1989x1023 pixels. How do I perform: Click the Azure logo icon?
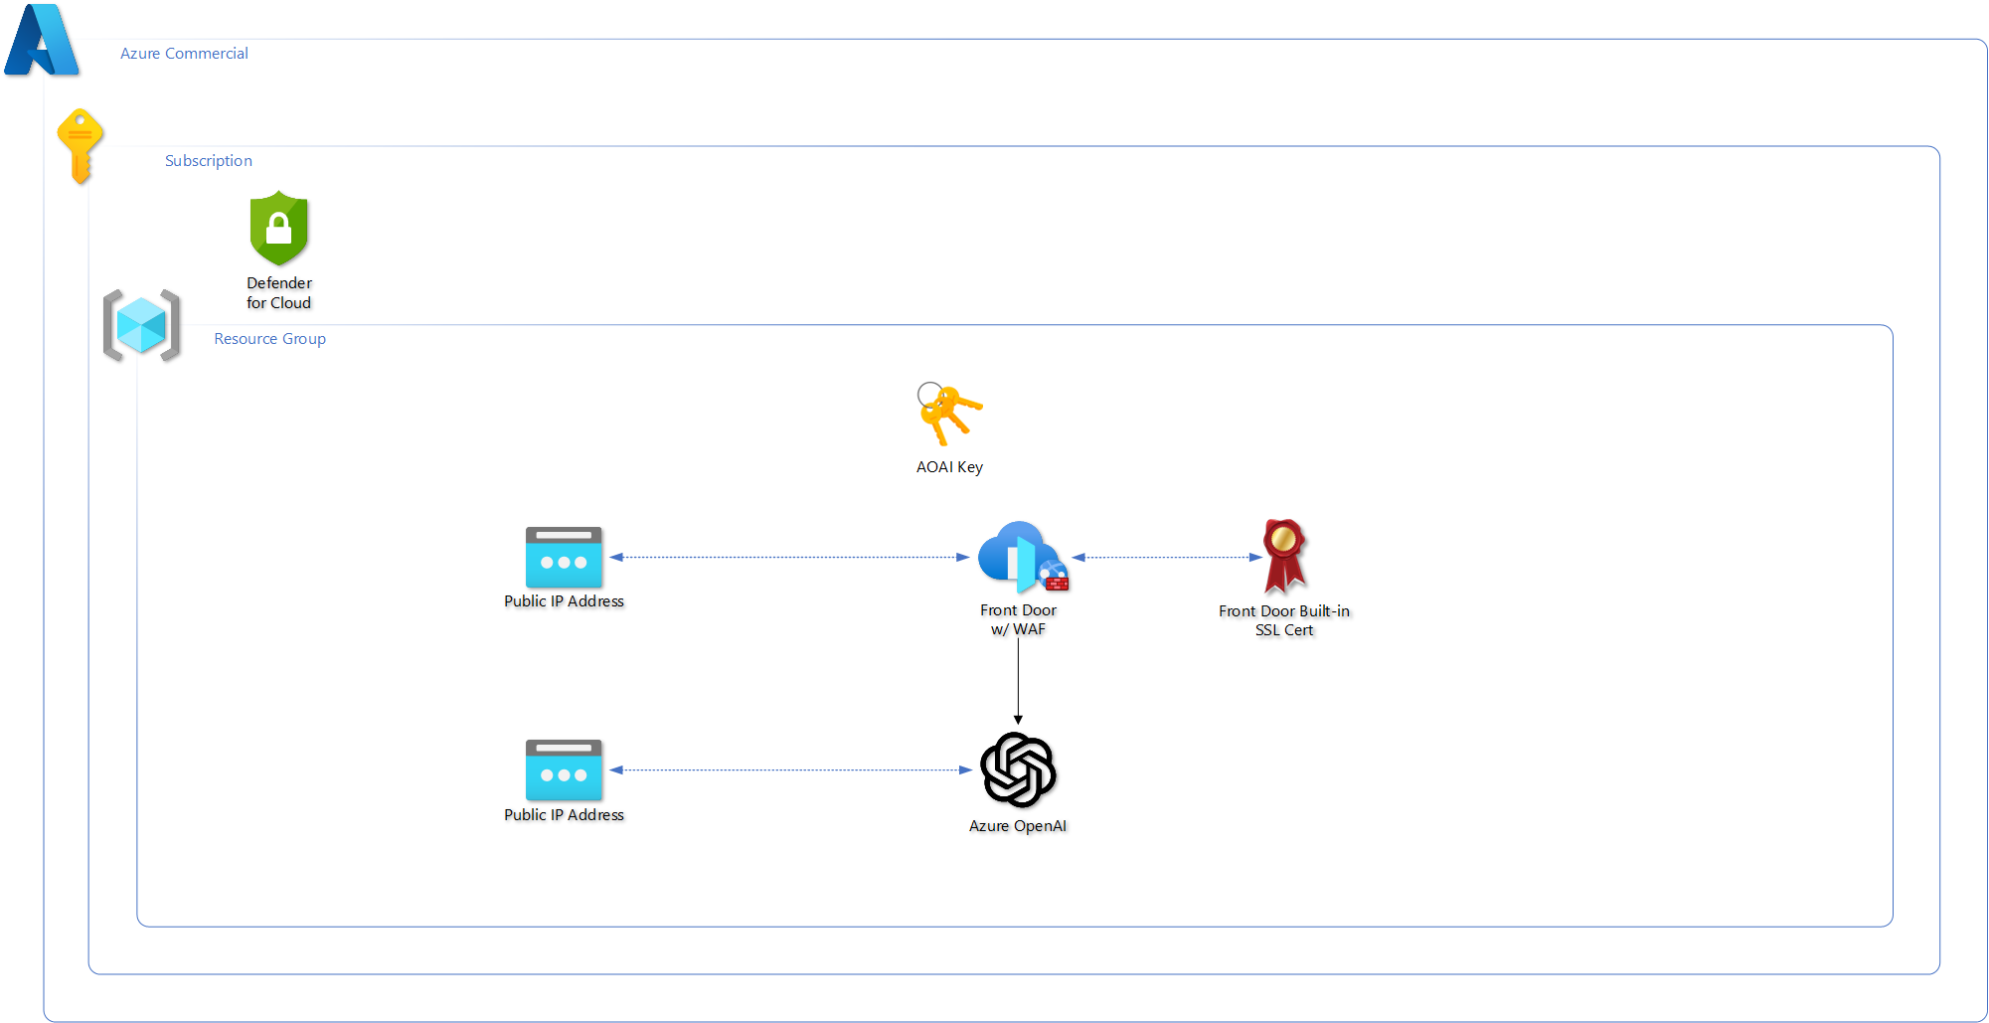pyautogui.click(x=42, y=41)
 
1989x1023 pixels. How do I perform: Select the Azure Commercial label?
pyautogui.click(x=184, y=54)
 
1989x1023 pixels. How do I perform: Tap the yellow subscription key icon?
pyautogui.click(x=81, y=144)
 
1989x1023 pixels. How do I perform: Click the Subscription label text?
pyautogui.click(x=209, y=161)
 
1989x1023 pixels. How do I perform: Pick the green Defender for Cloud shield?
pyautogui.click(x=279, y=228)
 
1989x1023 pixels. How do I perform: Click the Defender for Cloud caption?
pyautogui.click(x=279, y=293)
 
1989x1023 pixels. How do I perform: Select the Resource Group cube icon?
pyautogui.click(x=141, y=325)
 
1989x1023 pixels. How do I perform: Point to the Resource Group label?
pyautogui.click(x=269, y=339)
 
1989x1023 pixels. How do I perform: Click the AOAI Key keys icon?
pyautogui.click(x=949, y=414)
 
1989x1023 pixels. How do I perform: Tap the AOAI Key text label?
pyautogui.click(x=949, y=467)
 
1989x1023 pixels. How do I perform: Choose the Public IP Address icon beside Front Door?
pyautogui.click(x=564, y=558)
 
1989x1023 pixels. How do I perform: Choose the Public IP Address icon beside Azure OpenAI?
pyautogui.click(x=564, y=770)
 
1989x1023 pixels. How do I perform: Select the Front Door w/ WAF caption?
pyautogui.click(x=1018, y=619)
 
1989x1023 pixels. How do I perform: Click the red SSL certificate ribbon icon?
pyautogui.click(x=1284, y=556)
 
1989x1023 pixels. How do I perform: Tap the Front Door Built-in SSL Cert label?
pyautogui.click(x=1284, y=620)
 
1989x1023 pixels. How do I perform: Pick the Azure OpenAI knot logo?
pyautogui.click(x=1018, y=769)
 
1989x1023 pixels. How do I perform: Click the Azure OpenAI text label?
pyautogui.click(x=1018, y=826)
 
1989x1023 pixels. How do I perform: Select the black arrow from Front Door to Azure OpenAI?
pyautogui.click(x=1018, y=681)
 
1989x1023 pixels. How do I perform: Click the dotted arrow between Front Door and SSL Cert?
pyautogui.click(x=1167, y=558)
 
